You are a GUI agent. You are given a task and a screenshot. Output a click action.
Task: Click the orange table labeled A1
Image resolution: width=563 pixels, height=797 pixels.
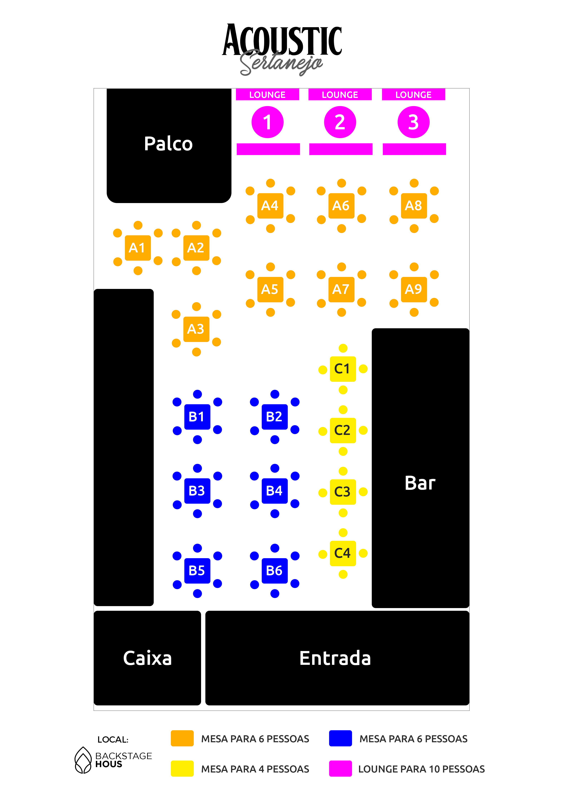pyautogui.click(x=138, y=248)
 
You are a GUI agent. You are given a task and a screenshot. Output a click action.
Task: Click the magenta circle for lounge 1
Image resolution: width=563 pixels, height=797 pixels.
pyautogui.click(x=267, y=122)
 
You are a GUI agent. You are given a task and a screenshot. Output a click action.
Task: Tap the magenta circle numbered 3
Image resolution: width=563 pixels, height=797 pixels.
pyautogui.click(x=413, y=122)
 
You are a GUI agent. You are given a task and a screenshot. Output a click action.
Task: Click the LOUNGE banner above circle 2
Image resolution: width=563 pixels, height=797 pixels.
pyautogui.click(x=340, y=95)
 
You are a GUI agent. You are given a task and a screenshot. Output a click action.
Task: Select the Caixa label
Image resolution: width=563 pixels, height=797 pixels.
pyautogui.click(x=147, y=658)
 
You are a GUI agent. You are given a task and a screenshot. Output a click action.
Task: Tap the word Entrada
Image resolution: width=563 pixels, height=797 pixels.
pyautogui.click(x=335, y=658)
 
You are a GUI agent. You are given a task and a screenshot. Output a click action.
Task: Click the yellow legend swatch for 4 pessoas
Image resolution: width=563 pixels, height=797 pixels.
pyautogui.click(x=182, y=769)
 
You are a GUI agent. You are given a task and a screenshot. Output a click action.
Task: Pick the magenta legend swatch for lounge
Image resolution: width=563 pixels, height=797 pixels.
pyautogui.click(x=340, y=769)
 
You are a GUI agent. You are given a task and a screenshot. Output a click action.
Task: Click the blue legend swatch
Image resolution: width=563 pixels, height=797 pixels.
pyautogui.click(x=340, y=738)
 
